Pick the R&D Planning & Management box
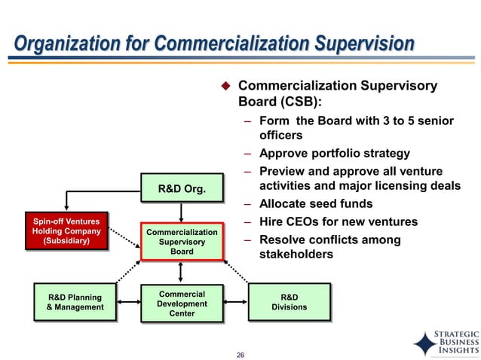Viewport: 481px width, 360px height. coord(75,302)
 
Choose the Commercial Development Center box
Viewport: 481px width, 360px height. coord(182,302)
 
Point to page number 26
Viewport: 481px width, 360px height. coord(240,355)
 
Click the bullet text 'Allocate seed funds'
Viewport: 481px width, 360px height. coord(315,204)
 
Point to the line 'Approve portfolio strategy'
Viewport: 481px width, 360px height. coord(334,153)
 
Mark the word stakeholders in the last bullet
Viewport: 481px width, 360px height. coord(296,255)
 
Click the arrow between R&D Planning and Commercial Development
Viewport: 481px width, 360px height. coord(128,303)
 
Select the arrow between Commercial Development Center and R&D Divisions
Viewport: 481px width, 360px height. coord(235,303)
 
